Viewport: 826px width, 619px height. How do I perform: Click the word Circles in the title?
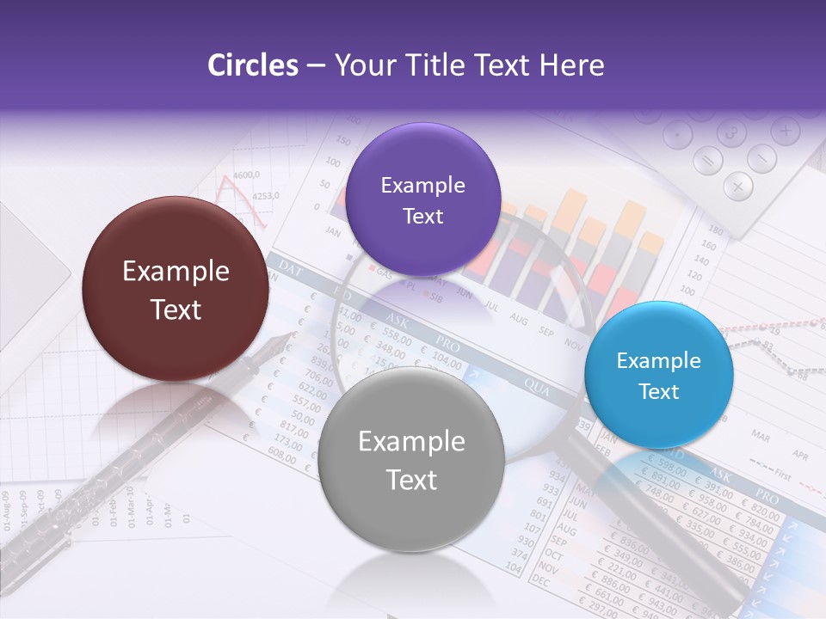pos(253,65)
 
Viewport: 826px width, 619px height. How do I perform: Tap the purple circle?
pos(422,199)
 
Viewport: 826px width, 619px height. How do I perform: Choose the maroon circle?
pos(176,289)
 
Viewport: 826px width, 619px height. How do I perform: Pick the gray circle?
pos(411,459)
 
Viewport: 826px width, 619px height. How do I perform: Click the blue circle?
pos(659,375)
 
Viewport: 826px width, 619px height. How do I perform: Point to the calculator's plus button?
pos(785,131)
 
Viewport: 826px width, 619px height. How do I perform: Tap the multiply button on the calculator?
pos(737,185)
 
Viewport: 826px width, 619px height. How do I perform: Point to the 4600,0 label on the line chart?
pos(246,175)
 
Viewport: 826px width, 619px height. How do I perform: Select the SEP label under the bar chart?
pos(546,331)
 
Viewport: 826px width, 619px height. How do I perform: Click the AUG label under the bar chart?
pos(518,318)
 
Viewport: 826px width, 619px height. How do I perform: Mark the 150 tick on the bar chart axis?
pos(342,141)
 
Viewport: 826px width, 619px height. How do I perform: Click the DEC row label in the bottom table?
pos(541,582)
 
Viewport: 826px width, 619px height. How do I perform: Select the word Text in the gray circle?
pos(411,480)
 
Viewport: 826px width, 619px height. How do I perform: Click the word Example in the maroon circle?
pos(176,272)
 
